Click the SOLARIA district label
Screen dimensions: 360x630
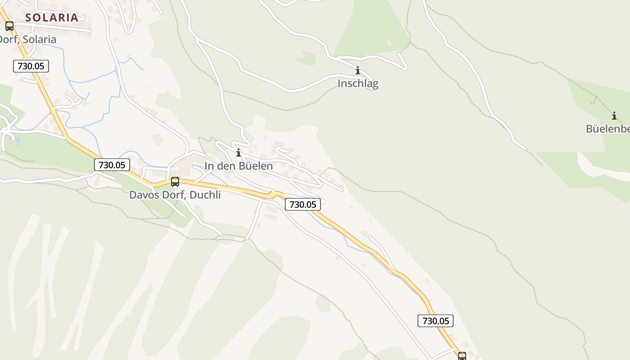[x=52, y=18]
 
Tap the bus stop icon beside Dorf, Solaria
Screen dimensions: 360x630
[x=9, y=26]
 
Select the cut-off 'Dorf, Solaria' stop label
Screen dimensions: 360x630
[x=28, y=40]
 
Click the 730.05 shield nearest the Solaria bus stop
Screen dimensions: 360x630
[x=31, y=66]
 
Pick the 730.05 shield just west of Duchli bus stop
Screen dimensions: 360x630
[x=112, y=165]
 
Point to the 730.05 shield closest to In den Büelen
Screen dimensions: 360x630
[x=303, y=204]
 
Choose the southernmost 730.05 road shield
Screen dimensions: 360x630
[x=435, y=321]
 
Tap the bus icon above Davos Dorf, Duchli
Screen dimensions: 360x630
[x=175, y=182]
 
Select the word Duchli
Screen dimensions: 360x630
[x=205, y=195]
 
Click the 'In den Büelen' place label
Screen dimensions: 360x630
[x=238, y=166]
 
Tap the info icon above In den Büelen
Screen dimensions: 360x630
[x=238, y=153]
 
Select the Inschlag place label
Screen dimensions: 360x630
[x=358, y=84]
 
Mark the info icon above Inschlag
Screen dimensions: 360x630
[x=358, y=71]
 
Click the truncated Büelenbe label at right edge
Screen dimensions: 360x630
[x=607, y=129]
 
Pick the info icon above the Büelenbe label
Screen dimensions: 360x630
[x=614, y=116]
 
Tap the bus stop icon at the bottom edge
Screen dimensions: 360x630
[x=462, y=356]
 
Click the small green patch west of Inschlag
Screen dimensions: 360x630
[x=307, y=58]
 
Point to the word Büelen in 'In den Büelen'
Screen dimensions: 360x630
[x=256, y=166]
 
